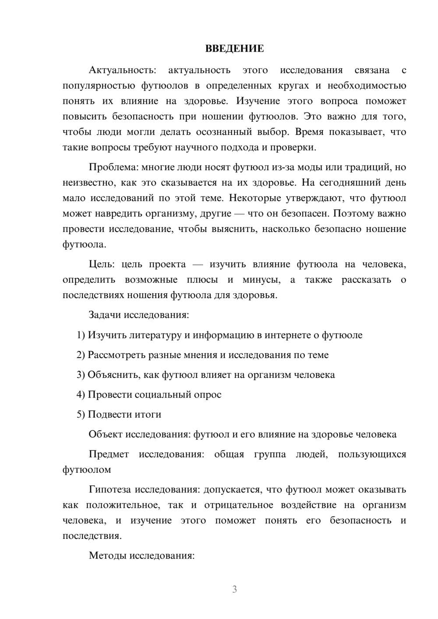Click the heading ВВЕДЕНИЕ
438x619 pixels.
point(234,49)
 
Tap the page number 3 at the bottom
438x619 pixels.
point(234,589)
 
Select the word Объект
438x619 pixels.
point(106,434)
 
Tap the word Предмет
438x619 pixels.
point(109,454)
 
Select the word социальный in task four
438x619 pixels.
point(164,395)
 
